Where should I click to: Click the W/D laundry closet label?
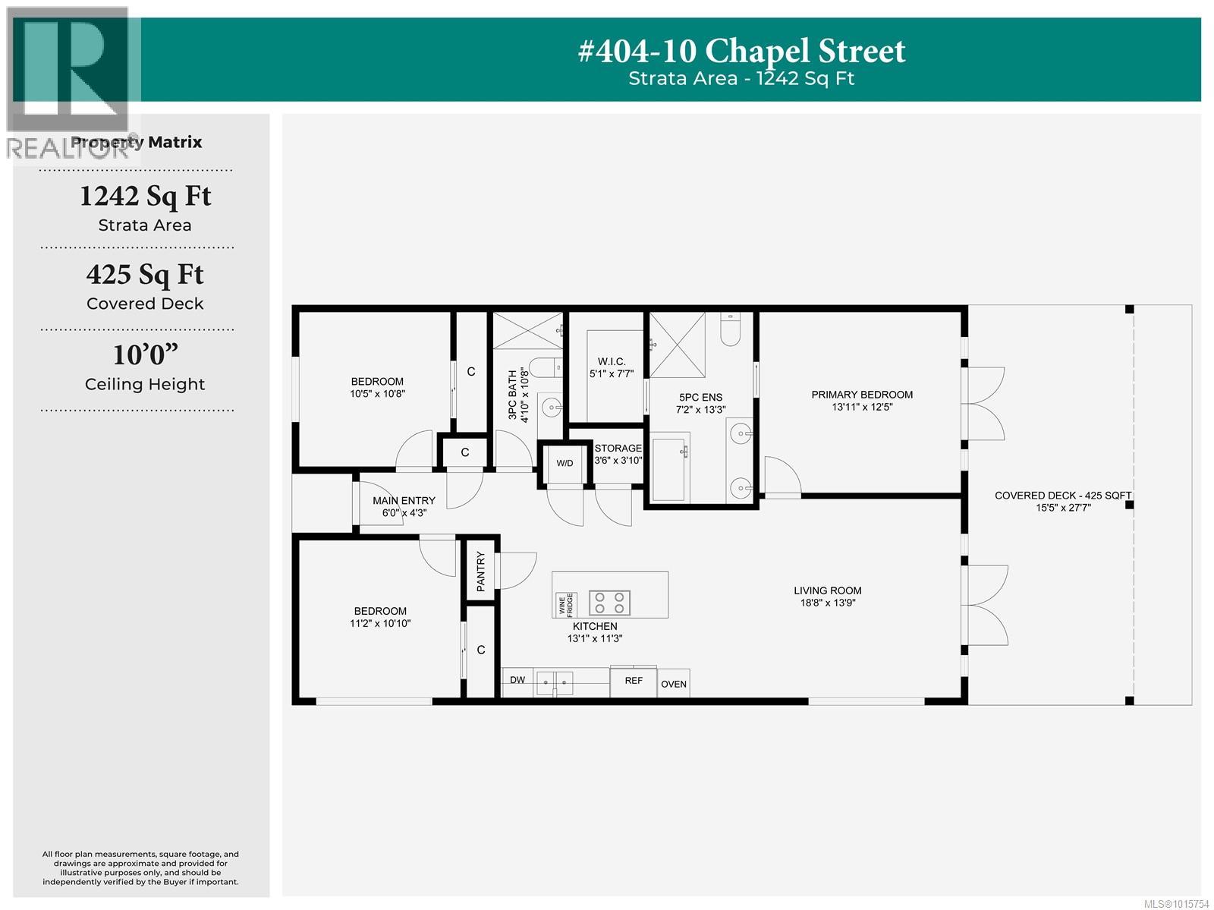pos(565,463)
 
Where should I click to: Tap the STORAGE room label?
pos(618,448)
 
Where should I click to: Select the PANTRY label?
pos(480,572)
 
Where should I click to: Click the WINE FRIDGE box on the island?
pos(566,605)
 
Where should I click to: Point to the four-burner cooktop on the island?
pos(609,603)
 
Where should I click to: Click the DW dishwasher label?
pos(517,680)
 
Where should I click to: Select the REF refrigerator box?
pos(634,682)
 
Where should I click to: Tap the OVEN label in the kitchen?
pos(674,685)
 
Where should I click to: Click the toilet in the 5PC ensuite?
pos(730,329)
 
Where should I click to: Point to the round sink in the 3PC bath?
pos(551,408)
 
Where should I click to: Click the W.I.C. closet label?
pos(611,361)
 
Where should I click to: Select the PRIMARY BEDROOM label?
pos(862,395)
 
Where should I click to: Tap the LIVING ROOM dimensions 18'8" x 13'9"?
pos(827,603)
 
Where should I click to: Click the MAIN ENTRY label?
pos(404,500)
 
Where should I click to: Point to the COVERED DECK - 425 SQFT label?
pos(1062,496)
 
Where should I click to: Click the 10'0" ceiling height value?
pos(146,354)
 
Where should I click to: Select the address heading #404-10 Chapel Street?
pos(741,51)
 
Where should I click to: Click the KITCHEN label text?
pos(595,625)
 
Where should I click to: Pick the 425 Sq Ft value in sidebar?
pos(145,275)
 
